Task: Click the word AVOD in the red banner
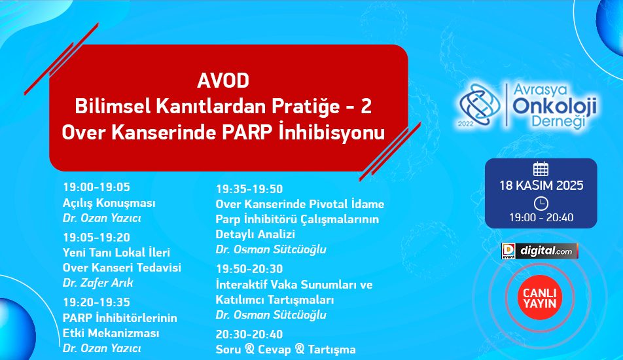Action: (223, 81)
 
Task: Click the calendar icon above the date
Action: (541, 169)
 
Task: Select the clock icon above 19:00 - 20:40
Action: (541, 204)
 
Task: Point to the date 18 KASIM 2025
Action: (541, 185)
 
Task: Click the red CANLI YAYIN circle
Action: (539, 298)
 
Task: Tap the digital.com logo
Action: (539, 251)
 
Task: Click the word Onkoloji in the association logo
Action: (555, 106)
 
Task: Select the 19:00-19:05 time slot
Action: (97, 187)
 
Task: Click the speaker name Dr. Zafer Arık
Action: (98, 283)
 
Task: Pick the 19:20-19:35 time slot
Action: (97, 302)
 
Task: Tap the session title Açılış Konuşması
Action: (109, 203)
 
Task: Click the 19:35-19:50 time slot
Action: (249, 189)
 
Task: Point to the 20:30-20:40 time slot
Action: (249, 334)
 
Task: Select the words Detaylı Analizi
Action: (255, 234)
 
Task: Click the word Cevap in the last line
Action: (276, 350)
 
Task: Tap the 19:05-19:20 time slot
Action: (97, 238)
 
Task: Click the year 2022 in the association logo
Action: (465, 124)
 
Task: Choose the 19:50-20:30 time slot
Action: (249, 269)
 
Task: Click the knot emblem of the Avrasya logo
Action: (480, 105)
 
